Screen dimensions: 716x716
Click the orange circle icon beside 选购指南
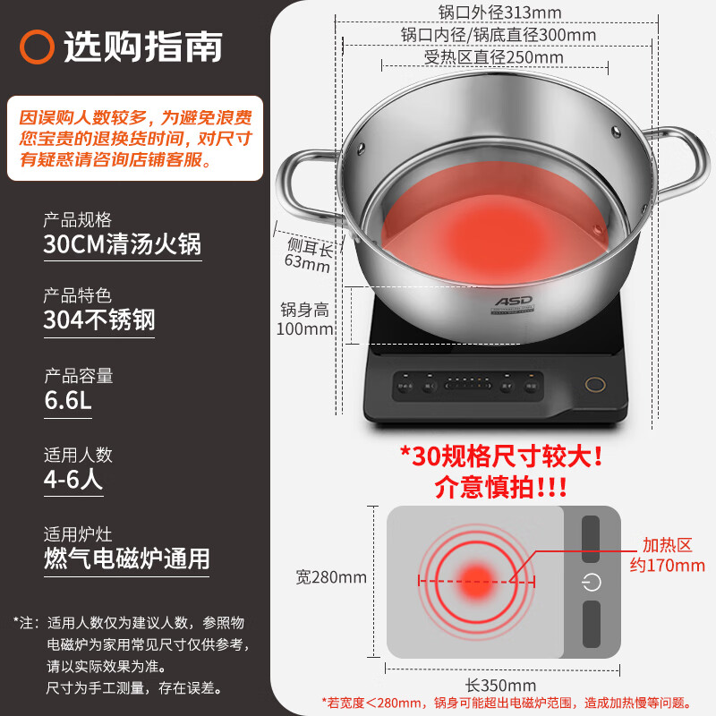pyautogui.click(x=38, y=47)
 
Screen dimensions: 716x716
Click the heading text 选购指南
pyautogui.click(x=142, y=47)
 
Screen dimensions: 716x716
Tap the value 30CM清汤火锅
pyautogui.click(x=123, y=244)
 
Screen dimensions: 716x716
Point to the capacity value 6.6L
pyautogui.click(x=68, y=400)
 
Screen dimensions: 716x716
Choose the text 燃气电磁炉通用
pyautogui.click(x=127, y=558)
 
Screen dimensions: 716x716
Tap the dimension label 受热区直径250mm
pyautogui.click(x=494, y=57)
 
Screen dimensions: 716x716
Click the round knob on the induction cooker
pyautogui.click(x=593, y=384)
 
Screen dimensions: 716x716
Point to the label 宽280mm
pyautogui.click(x=331, y=577)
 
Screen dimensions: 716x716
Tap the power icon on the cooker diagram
pyautogui.click(x=591, y=583)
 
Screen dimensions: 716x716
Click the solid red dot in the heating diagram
pyautogui.click(x=475, y=579)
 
